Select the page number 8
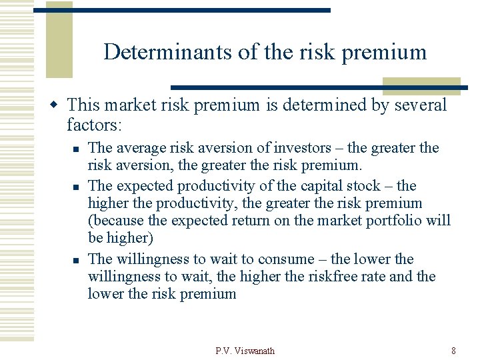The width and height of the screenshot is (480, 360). (x=453, y=351)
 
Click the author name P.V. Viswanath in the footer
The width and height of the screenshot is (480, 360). (x=245, y=351)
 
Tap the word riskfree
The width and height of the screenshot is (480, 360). (x=317, y=276)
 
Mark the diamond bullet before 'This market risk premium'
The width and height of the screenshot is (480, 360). (x=57, y=105)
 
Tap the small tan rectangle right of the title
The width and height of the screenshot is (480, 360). (x=421, y=86)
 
